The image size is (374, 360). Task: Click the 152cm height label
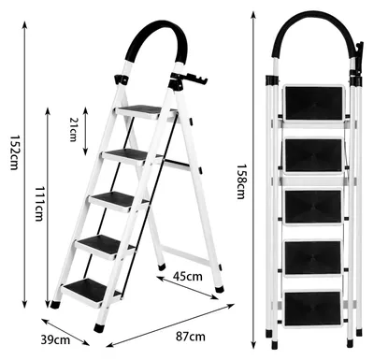[14, 152]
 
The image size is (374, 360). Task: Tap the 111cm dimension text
[38, 204]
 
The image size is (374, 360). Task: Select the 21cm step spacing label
[73, 129]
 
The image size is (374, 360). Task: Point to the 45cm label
[188, 276]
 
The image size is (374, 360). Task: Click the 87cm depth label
[191, 337]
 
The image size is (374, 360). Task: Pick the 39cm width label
[55, 339]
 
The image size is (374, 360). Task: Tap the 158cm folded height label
[240, 181]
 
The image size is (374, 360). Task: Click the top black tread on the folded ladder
[314, 103]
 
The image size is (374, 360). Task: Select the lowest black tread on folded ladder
[312, 309]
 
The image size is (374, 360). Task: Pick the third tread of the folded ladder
[313, 207]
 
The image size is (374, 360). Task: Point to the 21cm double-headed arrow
[86, 131]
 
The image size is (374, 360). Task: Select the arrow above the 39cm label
[65, 332]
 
